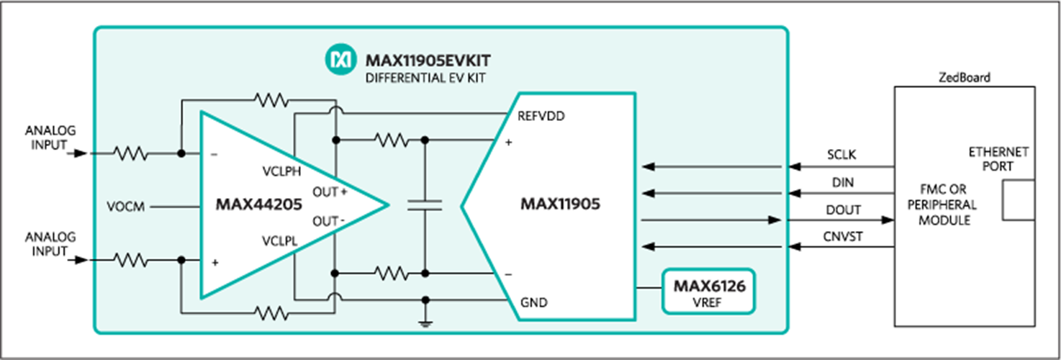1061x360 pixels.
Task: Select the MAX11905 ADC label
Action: [x=560, y=204]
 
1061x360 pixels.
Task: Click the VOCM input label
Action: [x=126, y=207]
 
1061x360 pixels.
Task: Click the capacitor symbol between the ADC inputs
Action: [x=425, y=205]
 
